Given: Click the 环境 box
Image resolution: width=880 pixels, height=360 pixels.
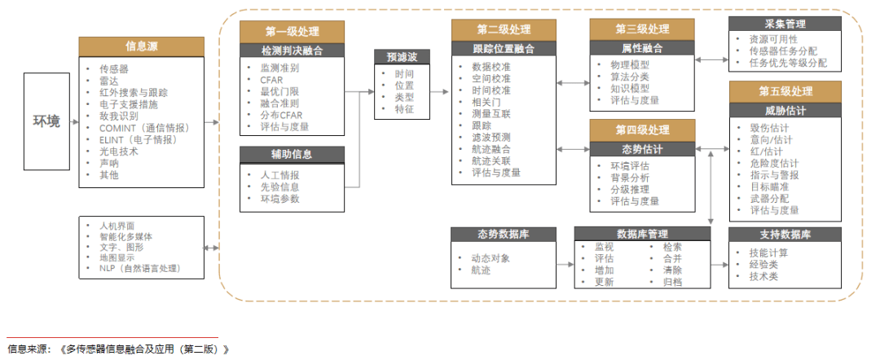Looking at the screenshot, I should [46, 122].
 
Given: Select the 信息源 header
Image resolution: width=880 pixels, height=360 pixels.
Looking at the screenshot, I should [142, 46].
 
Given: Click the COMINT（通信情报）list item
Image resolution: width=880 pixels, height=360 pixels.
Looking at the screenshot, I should [143, 127].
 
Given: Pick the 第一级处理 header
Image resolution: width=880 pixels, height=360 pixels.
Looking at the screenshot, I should [292, 32].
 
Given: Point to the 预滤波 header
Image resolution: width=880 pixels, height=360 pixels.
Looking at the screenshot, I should [402, 57].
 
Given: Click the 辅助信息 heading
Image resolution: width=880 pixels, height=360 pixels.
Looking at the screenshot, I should [292, 153].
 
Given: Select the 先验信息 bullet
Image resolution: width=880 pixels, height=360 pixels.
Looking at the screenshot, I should [279, 187].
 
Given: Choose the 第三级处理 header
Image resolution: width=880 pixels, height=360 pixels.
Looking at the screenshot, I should [642, 30].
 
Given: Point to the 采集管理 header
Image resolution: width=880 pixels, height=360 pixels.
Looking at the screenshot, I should [785, 24].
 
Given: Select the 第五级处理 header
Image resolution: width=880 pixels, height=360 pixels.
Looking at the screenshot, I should [785, 90].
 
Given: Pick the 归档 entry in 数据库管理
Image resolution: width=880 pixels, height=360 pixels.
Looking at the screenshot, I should [672, 282].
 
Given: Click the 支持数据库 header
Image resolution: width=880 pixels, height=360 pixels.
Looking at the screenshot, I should [785, 235].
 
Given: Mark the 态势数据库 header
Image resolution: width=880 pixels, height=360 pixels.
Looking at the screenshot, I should [503, 235].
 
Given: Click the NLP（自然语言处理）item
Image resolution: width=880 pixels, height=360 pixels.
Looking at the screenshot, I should [151, 268].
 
